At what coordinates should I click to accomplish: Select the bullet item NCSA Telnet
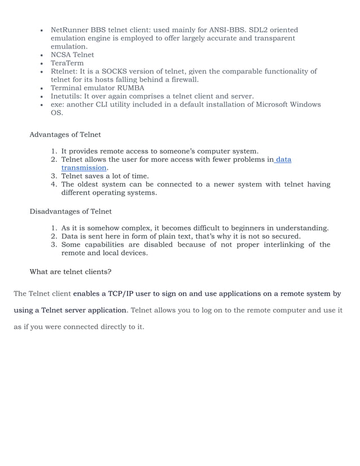click(x=72, y=55)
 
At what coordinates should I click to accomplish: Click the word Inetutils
click(x=67, y=96)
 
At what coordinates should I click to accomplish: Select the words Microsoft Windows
click(x=288, y=105)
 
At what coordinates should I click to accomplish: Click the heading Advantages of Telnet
click(x=65, y=135)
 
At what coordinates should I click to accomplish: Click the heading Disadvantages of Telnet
click(x=71, y=212)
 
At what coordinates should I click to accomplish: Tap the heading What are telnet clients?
click(x=71, y=272)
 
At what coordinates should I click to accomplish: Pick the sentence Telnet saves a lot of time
click(x=105, y=176)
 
